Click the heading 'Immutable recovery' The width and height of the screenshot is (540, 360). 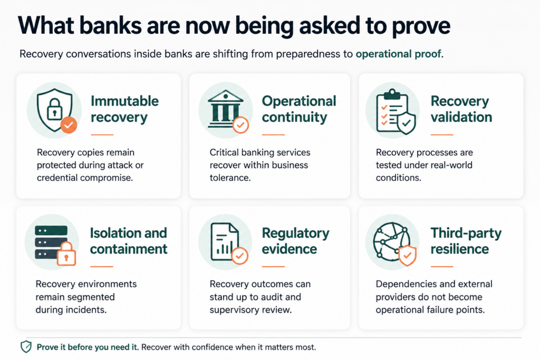click(124, 109)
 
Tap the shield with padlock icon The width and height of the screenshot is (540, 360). click(55, 110)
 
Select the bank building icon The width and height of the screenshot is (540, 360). click(225, 110)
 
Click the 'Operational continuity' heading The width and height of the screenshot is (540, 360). click(299, 109)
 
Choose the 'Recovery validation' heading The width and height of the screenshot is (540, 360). click(461, 109)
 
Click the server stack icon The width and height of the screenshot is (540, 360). click(52, 242)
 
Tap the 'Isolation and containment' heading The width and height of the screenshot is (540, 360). click(129, 241)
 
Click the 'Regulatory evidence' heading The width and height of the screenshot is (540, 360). click(295, 241)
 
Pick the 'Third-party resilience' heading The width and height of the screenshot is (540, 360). click(466, 241)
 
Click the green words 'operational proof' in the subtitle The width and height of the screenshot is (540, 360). click(399, 54)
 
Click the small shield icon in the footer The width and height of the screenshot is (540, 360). click(26, 347)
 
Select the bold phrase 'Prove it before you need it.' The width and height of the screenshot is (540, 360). click(88, 347)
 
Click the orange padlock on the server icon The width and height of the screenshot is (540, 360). click(66, 254)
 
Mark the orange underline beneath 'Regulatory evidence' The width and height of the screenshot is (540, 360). click(273, 266)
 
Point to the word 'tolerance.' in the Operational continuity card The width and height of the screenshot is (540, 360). click(230, 178)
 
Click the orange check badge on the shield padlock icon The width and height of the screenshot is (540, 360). click(69, 124)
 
